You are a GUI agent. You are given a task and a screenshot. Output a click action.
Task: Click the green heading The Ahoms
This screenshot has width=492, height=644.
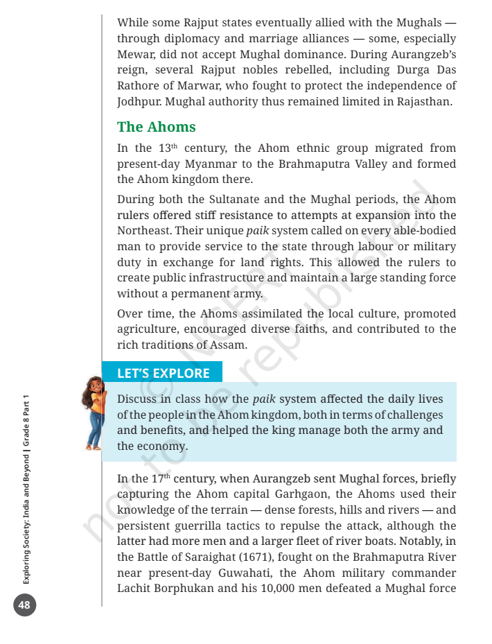point(156,127)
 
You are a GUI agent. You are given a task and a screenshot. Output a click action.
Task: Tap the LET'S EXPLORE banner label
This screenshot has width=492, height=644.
point(163,373)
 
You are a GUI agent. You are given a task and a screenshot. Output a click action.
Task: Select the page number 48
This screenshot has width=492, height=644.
point(24,604)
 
